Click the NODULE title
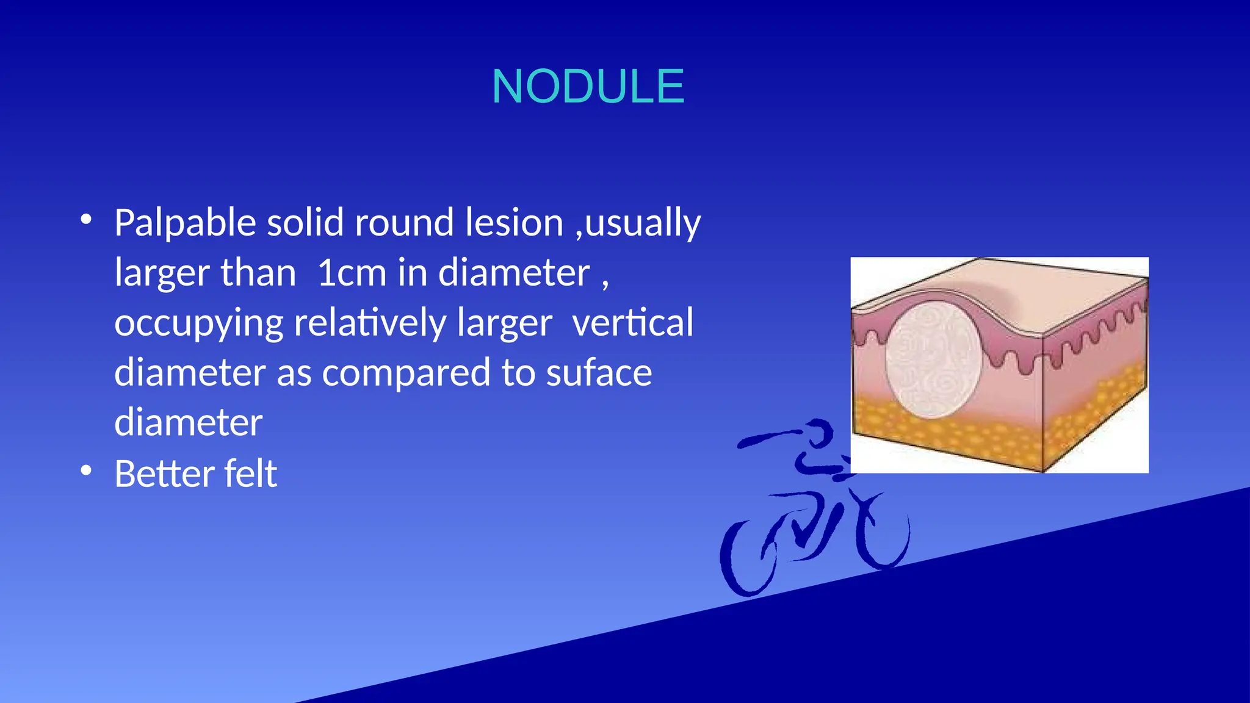pyautogui.click(x=588, y=87)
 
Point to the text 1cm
pyautogui.click(x=352, y=273)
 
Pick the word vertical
pyautogui.click(x=633, y=323)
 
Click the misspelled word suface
pyautogui.click(x=599, y=373)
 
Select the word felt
pyautogui.click(x=250, y=474)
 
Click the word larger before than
pyautogui.click(x=162, y=273)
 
